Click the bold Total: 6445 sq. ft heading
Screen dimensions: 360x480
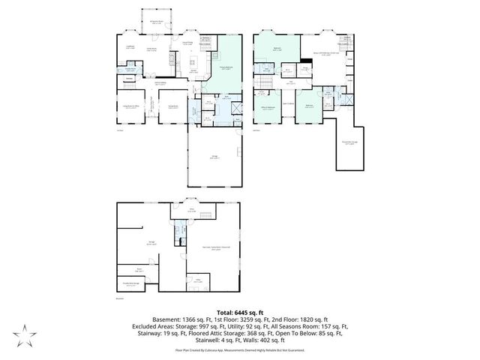point(239,311)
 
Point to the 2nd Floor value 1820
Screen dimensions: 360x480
point(307,319)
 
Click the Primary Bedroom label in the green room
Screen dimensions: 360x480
point(225,67)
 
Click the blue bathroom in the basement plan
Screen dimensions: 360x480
point(180,241)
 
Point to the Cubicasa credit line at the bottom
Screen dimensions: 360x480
point(239,349)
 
